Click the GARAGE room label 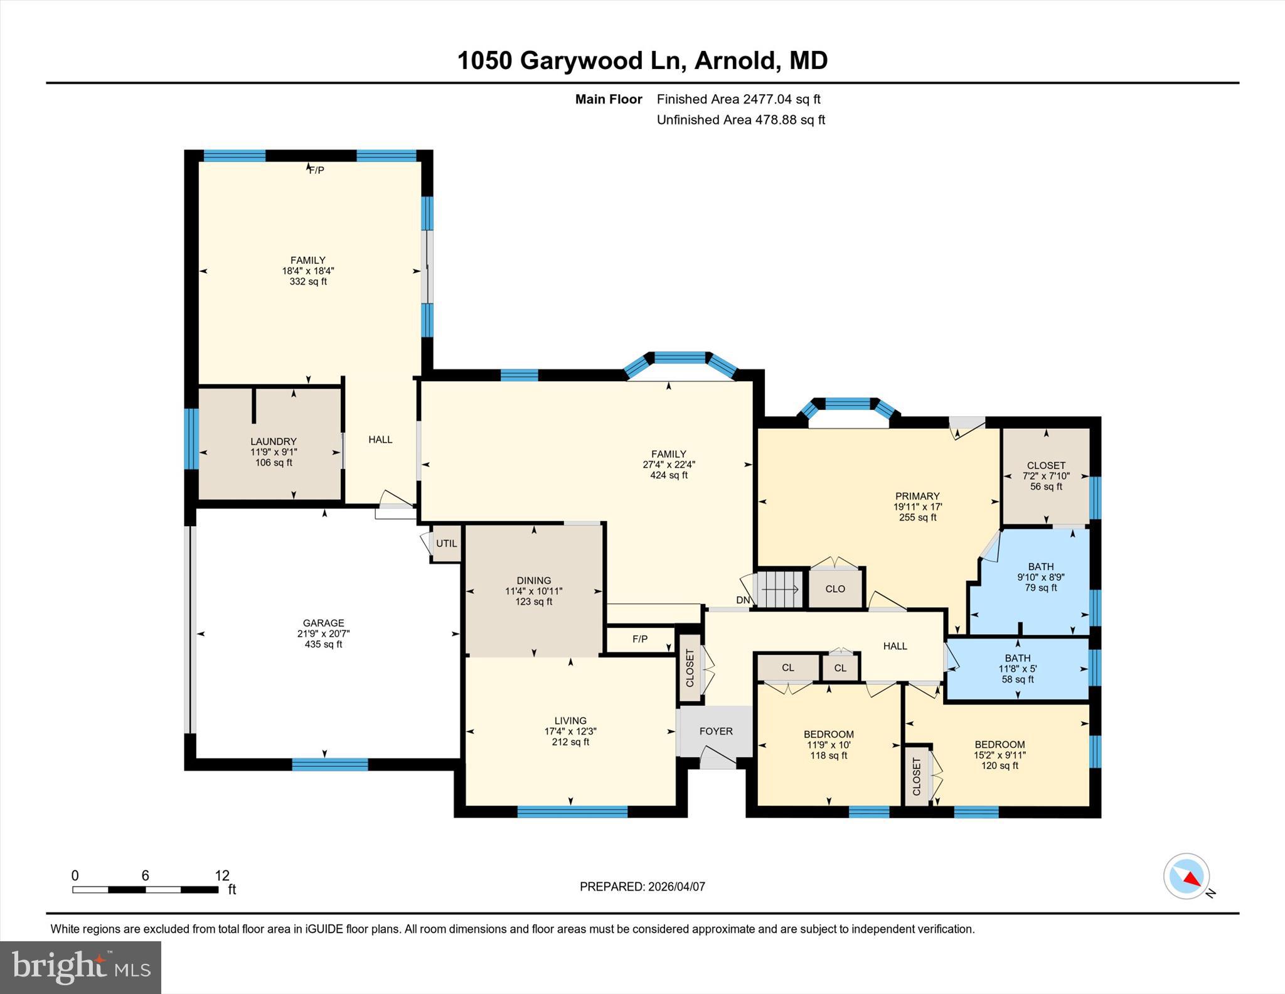[323, 623]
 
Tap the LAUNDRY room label [273, 441]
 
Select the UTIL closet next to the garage [447, 544]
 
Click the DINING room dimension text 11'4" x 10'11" [533, 591]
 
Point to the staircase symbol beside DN [780, 589]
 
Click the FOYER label [716, 731]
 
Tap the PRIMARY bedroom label [917, 496]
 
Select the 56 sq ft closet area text [1046, 487]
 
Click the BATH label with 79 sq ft [1040, 566]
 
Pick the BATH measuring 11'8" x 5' [1017, 669]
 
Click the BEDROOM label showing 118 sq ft [828, 734]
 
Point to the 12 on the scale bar [222, 875]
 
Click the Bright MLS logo [80, 967]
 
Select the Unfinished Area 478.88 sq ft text [740, 119]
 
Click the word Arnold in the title [735, 60]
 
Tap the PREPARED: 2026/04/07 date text [642, 887]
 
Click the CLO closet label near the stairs [835, 589]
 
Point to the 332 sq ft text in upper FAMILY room [307, 281]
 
